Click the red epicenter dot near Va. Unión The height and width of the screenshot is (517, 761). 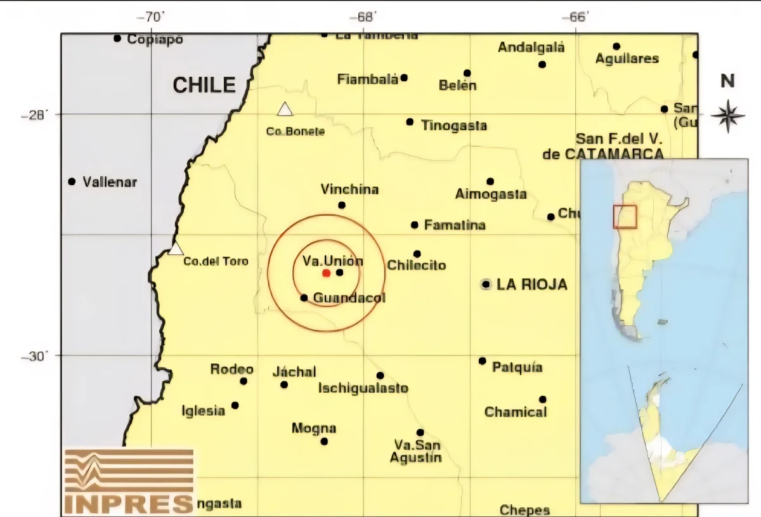[326, 273]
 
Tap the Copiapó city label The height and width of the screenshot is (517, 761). [155, 39]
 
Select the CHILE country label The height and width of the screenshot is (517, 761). [204, 85]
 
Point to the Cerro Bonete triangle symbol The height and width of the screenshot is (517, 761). [285, 110]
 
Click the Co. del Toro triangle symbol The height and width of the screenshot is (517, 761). [176, 248]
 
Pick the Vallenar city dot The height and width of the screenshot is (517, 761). [72, 181]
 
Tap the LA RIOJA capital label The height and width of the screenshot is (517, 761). [531, 285]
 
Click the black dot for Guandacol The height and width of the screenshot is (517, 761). [304, 298]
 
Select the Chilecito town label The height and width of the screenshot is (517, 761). [417, 265]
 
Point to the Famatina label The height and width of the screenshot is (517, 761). [455, 225]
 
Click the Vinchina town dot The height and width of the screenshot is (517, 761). [342, 205]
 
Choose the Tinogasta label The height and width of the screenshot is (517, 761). [454, 126]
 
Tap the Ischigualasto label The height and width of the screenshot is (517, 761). [363, 388]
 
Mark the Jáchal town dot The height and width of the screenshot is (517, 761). [284, 384]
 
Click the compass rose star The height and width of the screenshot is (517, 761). [727, 115]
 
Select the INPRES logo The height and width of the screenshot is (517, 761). [129, 481]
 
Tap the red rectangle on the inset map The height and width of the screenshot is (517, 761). [625, 216]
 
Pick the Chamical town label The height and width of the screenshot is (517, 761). [516, 412]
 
